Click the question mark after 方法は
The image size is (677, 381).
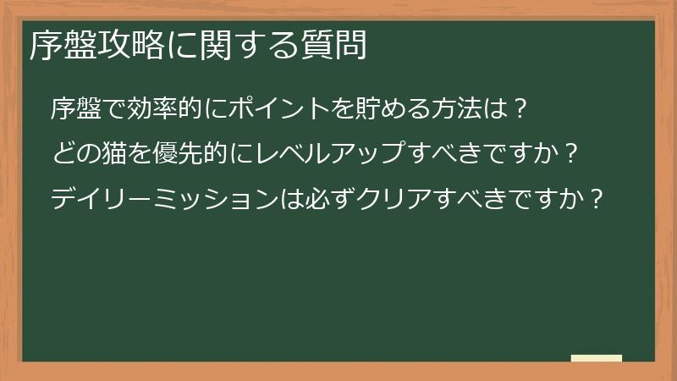click(x=521, y=109)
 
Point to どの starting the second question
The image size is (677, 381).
click(x=74, y=154)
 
